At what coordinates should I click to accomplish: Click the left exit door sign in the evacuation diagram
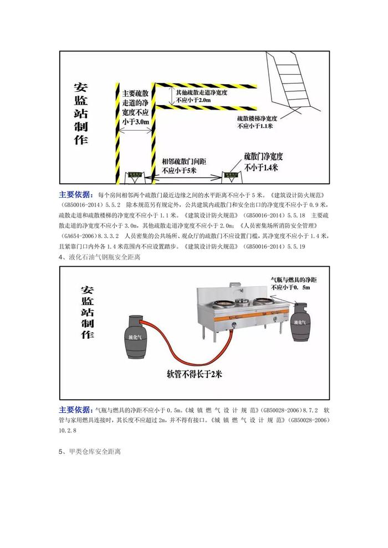pos(135,176)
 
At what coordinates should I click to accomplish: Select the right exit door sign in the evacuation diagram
pos(232,176)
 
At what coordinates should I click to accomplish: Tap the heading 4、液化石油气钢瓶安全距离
pos(100,257)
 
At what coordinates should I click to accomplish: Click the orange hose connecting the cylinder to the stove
pos(183,349)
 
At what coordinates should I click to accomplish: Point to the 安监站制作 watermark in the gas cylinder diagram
pos(87,312)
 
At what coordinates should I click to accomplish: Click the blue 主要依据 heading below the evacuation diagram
pos(76,195)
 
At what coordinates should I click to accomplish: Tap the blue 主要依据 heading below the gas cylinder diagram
pos(76,410)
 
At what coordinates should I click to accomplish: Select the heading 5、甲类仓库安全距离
pos(90,452)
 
